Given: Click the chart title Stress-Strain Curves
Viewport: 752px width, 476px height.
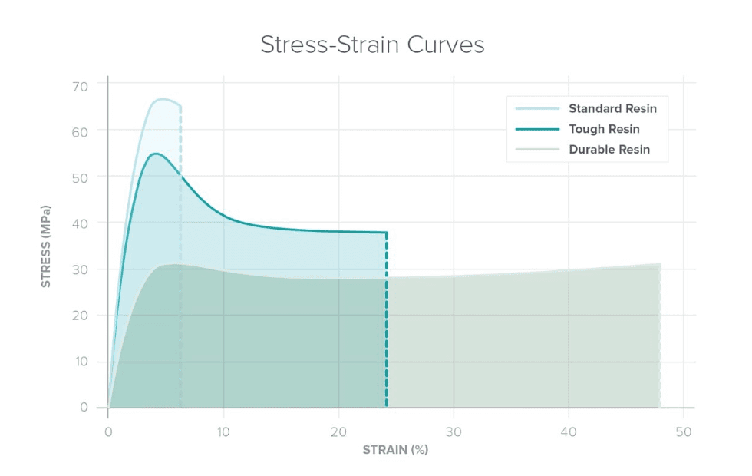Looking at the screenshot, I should click(x=372, y=45).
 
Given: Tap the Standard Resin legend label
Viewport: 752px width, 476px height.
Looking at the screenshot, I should click(x=612, y=108).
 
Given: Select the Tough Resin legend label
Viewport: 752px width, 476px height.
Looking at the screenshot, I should click(x=604, y=129).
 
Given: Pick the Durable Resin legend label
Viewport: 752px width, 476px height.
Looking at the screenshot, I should click(x=609, y=150).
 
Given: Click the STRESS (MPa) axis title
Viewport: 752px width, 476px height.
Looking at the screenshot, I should click(x=46, y=246).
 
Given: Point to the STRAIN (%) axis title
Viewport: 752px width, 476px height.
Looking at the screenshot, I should click(x=395, y=450).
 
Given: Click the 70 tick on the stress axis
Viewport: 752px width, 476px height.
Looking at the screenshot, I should click(x=81, y=84).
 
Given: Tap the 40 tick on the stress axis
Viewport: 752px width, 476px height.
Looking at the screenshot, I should click(x=81, y=223).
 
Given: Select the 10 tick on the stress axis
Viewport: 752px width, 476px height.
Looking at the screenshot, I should click(x=81, y=361).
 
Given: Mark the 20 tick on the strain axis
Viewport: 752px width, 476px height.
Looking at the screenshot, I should click(x=338, y=431).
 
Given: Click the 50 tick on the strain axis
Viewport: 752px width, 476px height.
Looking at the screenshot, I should click(x=684, y=431).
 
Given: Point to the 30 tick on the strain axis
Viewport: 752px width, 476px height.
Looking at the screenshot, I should click(x=454, y=431).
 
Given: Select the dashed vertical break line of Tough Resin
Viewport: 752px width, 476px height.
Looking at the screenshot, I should click(x=386, y=322).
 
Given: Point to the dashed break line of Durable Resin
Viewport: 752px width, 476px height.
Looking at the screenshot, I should click(x=660, y=338).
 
